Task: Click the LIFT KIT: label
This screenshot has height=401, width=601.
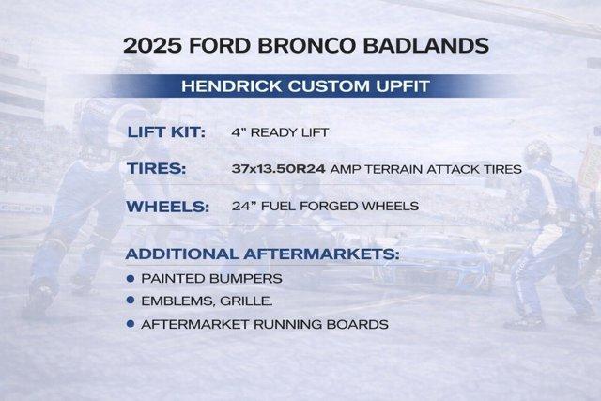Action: coord(166,132)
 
